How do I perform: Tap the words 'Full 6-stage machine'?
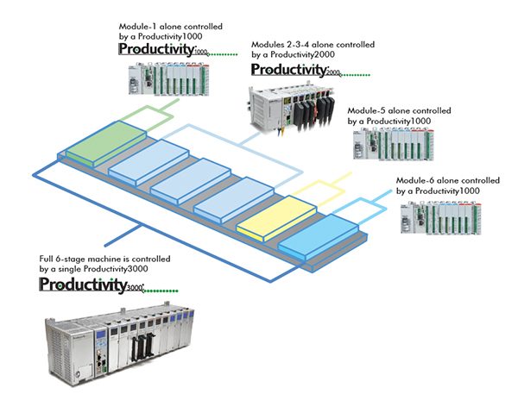(x=79, y=259)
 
